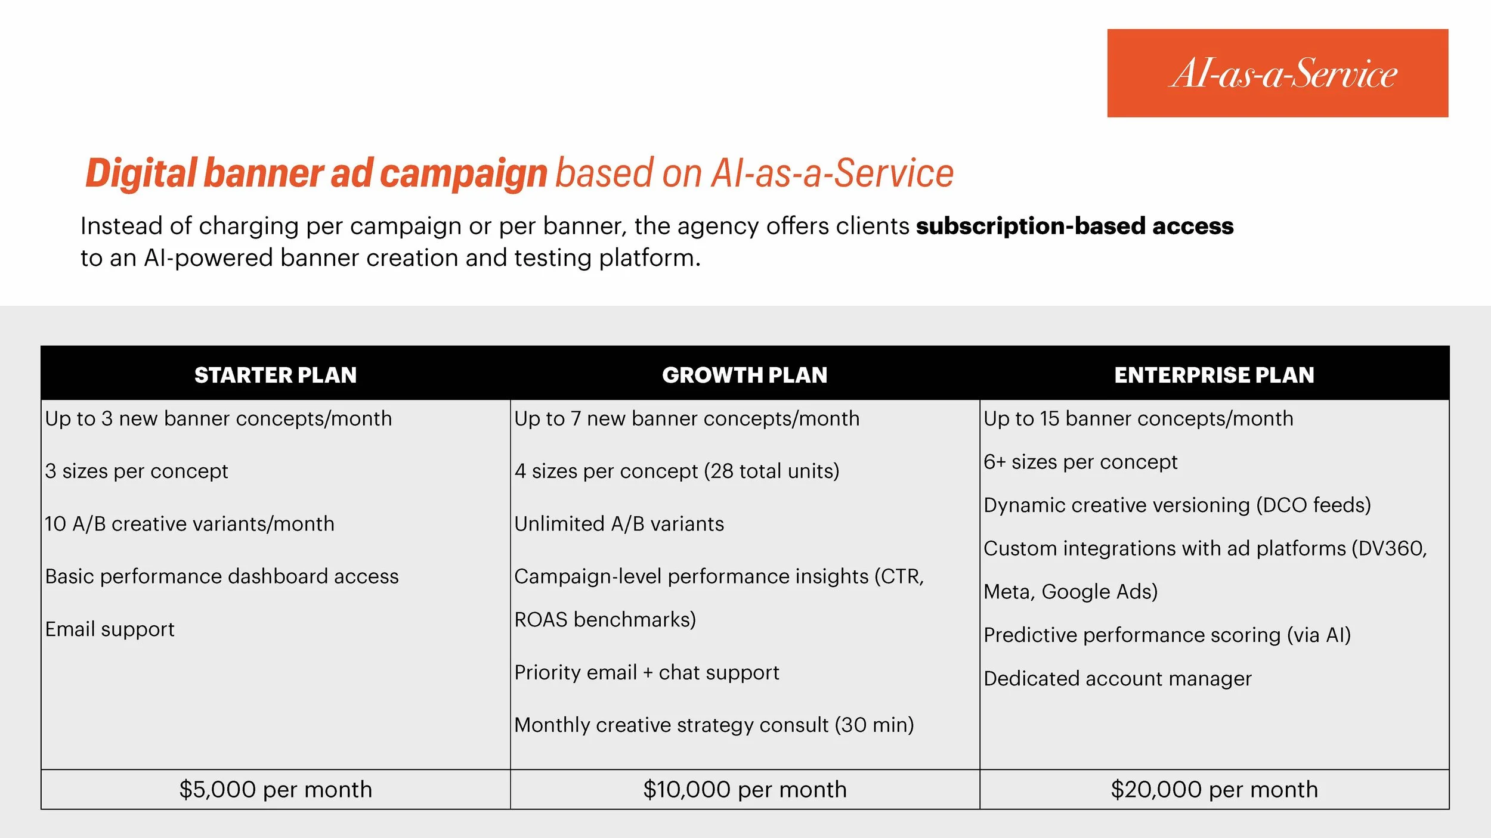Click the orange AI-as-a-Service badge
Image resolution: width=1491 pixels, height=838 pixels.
(x=1277, y=73)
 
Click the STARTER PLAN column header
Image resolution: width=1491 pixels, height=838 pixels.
(x=276, y=375)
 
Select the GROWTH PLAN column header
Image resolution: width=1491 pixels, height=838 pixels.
(x=744, y=375)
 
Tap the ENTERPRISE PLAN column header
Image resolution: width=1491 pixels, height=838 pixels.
(x=1214, y=375)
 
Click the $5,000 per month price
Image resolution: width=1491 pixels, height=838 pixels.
(x=276, y=789)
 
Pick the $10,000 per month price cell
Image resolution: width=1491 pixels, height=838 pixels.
(x=744, y=789)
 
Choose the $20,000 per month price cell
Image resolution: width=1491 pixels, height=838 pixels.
(x=1214, y=789)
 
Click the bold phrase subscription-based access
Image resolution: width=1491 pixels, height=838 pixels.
(x=1075, y=226)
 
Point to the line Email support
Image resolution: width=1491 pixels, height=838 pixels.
(x=110, y=629)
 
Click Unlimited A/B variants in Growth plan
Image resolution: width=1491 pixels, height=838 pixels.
(x=619, y=524)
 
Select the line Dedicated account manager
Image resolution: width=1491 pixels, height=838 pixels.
(x=1117, y=678)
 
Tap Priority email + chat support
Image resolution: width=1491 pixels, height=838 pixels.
(x=646, y=672)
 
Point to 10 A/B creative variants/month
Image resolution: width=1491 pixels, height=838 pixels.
(x=190, y=524)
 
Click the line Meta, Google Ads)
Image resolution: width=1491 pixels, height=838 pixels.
(x=1071, y=592)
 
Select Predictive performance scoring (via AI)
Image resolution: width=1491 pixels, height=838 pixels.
(x=1167, y=635)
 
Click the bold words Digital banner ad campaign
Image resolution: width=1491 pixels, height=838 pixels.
(x=316, y=173)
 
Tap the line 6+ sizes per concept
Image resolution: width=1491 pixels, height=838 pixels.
(x=1080, y=462)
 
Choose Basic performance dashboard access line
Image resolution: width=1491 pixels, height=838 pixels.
(x=222, y=576)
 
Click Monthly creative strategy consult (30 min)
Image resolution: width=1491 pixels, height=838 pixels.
(x=714, y=725)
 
